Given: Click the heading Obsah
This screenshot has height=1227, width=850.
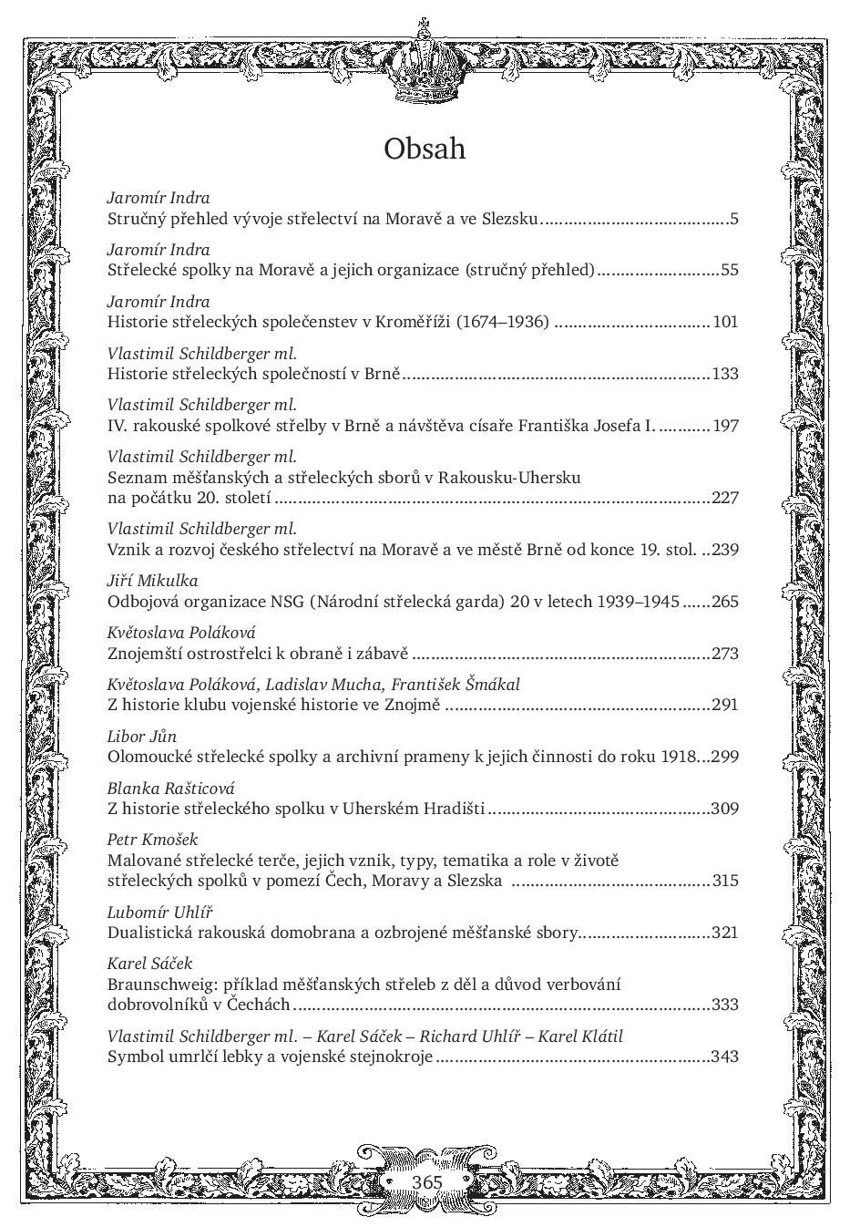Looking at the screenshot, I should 425,148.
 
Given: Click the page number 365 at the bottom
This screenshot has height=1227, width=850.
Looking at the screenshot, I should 426,1181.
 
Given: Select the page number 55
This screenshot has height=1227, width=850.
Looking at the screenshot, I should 729,270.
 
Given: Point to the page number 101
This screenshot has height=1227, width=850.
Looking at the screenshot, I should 725,322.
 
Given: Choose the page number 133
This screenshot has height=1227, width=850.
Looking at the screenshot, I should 725,374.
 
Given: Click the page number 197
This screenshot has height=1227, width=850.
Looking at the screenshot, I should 725,426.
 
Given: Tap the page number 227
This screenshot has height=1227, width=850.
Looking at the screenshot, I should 725,498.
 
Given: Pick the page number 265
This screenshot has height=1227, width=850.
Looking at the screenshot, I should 725,602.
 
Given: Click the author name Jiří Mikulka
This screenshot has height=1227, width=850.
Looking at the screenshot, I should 152,581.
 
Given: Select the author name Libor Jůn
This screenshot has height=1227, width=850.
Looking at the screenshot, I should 142,737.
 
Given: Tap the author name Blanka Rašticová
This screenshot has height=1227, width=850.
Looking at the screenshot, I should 170,789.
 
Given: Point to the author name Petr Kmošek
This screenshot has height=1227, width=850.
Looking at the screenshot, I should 152,840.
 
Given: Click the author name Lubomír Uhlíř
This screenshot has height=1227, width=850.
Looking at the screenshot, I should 159,912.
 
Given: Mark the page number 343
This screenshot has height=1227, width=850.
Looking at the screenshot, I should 725,1057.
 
